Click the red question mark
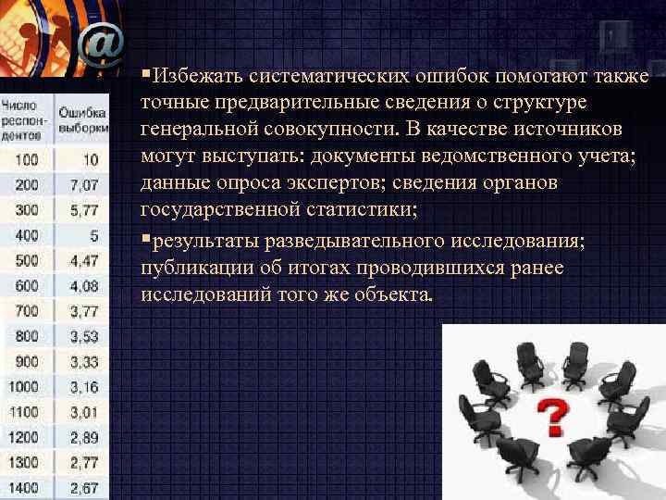[x=552, y=417]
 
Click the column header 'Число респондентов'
[x=25, y=120]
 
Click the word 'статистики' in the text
[x=369, y=210]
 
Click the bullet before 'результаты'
[x=145, y=240]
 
